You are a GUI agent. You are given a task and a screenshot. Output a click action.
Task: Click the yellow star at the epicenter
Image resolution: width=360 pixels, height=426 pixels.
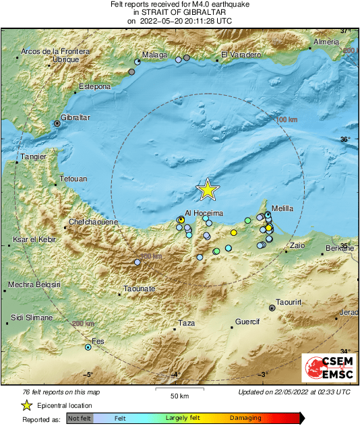208,190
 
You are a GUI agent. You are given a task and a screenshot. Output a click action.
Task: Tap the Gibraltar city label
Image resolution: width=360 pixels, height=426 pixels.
76,117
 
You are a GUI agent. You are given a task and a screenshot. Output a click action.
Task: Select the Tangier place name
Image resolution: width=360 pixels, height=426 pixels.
33,156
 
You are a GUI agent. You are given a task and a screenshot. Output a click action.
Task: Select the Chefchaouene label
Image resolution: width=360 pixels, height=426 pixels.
94,222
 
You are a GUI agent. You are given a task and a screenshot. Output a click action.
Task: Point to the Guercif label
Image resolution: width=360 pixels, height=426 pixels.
247,322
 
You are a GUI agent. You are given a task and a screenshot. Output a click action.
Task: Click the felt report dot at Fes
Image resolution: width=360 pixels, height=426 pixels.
88,347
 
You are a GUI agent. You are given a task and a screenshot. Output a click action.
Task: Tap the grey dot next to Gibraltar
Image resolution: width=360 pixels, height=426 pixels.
57,123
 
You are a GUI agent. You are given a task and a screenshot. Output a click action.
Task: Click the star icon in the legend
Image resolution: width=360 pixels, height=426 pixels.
26,405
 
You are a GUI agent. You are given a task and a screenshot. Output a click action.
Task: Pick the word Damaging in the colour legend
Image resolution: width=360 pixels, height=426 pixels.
245,419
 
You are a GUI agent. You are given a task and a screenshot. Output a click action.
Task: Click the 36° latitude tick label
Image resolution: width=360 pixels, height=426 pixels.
345,140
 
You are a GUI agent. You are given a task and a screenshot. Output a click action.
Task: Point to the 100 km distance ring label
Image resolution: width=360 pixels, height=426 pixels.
287,119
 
